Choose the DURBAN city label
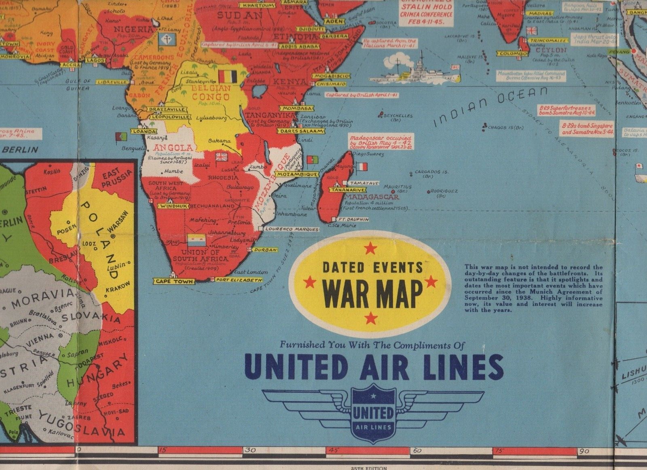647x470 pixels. coord(265,250)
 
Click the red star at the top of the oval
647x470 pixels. coord(370,249)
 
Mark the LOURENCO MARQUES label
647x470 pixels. coord(292,229)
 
